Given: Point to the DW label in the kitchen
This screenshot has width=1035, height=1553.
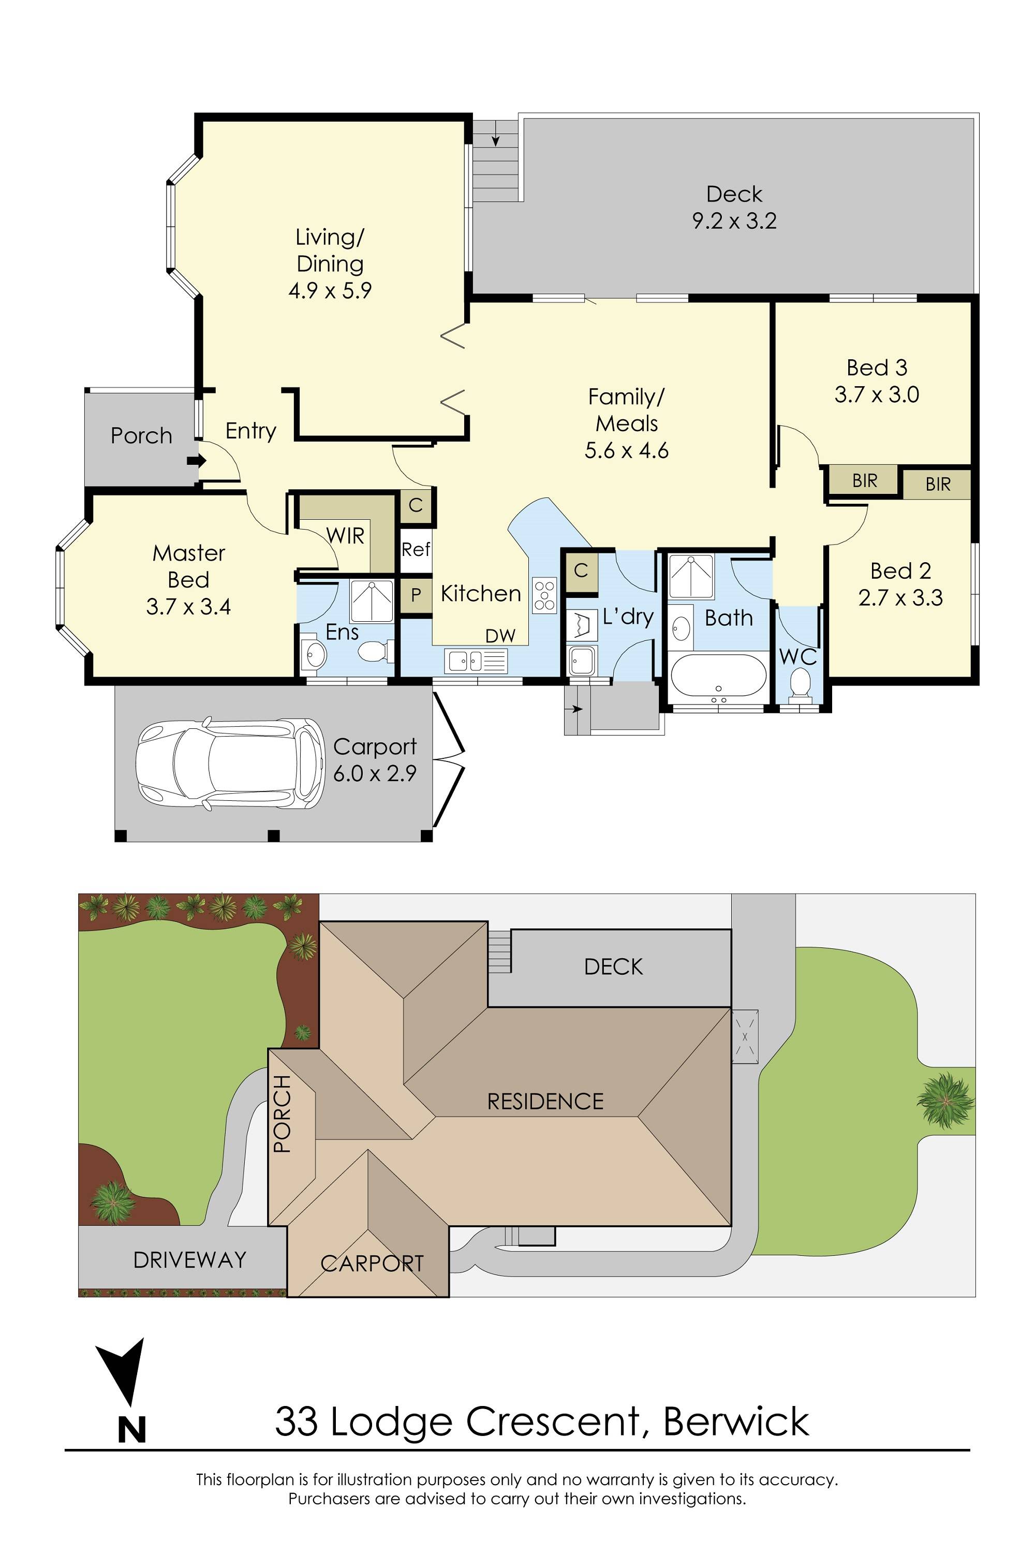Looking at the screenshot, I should pyautogui.click(x=500, y=636).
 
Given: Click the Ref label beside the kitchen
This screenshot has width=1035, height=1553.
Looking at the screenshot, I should pyautogui.click(x=416, y=549).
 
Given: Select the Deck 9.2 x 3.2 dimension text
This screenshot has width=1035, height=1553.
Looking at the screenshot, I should pyautogui.click(x=734, y=221).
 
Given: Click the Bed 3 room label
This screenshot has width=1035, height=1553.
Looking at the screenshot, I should pyautogui.click(x=877, y=367).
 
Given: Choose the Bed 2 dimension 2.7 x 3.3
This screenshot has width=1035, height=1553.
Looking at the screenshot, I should pyautogui.click(x=900, y=598).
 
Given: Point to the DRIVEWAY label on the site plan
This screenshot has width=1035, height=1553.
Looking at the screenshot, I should pyautogui.click(x=189, y=1260).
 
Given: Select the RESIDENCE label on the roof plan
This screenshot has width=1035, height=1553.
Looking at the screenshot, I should pyautogui.click(x=545, y=1102).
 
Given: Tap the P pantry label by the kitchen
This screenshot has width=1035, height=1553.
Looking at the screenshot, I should pyautogui.click(x=416, y=595).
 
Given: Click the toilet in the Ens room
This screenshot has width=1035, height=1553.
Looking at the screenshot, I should pyautogui.click(x=374, y=653).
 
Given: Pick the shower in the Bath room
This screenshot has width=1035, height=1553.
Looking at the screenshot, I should pyautogui.click(x=691, y=577).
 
